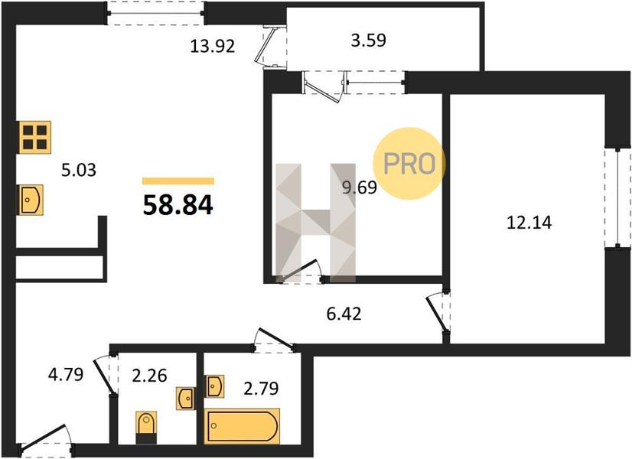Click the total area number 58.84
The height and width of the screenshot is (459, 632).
[x=178, y=205]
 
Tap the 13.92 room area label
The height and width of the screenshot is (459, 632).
[x=213, y=47]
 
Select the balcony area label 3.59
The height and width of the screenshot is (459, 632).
[x=368, y=41]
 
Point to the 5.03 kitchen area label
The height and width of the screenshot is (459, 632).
[x=79, y=170]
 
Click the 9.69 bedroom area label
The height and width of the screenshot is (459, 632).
[x=360, y=187]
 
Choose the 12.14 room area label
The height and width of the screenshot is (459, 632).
[x=529, y=223]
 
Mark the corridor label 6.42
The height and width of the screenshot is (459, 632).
[x=344, y=314]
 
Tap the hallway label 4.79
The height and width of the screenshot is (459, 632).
[x=66, y=375]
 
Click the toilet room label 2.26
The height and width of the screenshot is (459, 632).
[x=149, y=376]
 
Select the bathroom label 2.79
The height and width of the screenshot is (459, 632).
[x=261, y=389]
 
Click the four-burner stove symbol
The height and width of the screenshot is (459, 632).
[x=34, y=138]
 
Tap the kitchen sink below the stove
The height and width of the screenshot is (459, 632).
[x=31, y=200]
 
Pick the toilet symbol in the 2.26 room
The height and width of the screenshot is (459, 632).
[x=146, y=428]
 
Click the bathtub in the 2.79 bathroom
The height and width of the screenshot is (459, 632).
[x=242, y=426]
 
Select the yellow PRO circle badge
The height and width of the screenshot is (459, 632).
[x=409, y=163]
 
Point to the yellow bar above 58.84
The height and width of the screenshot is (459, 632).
[x=178, y=181]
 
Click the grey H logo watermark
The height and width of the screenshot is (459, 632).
[x=315, y=223]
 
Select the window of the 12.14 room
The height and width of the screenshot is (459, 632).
[x=618, y=197]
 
